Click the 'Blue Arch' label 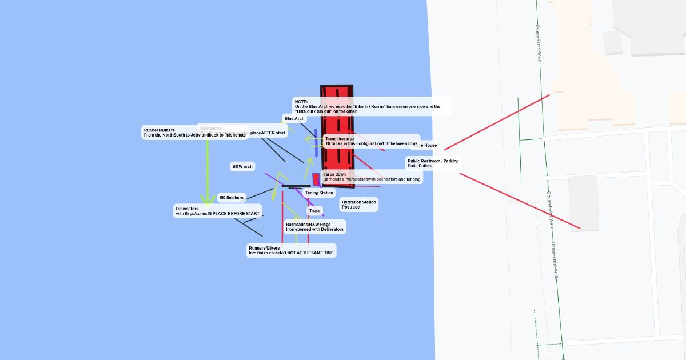pos(294,119)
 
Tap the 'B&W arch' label pos(242,167)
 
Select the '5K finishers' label pos(232,198)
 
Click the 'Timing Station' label pos(319,193)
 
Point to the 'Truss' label pos(315,211)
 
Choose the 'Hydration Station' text pos(358,202)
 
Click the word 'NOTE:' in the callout pos(301,102)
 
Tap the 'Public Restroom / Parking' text pos(433,161)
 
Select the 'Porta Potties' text pos(420,166)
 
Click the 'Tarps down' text pos(334,174)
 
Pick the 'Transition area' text pos(340,139)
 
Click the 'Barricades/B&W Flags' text pos(308,225)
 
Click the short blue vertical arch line pos(316,143)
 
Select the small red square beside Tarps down pos(316,178)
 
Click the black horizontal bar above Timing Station pos(296,186)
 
